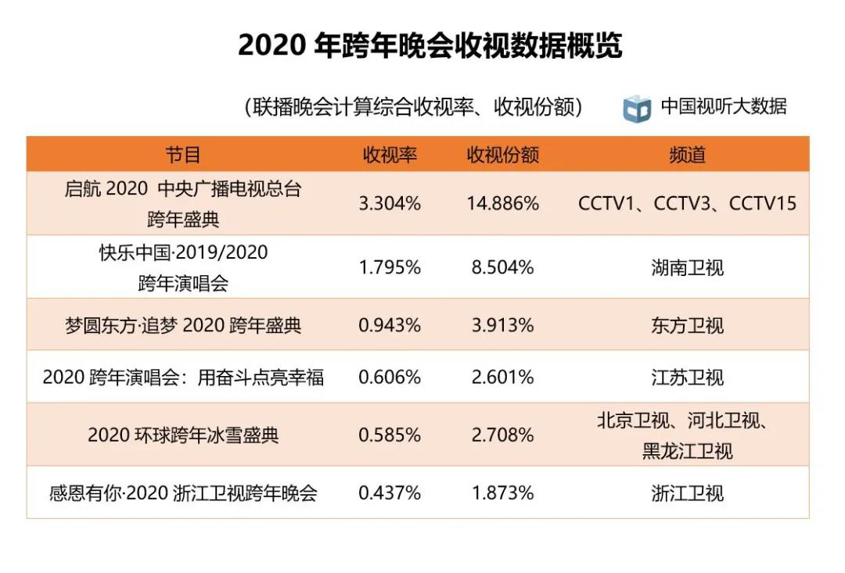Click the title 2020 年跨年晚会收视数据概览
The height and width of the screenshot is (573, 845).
pyautogui.click(x=430, y=46)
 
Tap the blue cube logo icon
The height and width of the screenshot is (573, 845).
pyautogui.click(x=637, y=108)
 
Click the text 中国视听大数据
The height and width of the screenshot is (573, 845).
pyautogui.click(x=723, y=106)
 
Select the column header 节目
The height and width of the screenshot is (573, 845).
pyautogui.click(x=183, y=155)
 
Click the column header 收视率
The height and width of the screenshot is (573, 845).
pyautogui.click(x=389, y=155)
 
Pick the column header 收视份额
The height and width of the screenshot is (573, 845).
pyautogui.click(x=502, y=155)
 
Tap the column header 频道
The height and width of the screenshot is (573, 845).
pyautogui.click(x=687, y=155)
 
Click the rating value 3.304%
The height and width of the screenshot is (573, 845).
pyautogui.click(x=389, y=204)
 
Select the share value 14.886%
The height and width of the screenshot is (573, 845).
pyautogui.click(x=502, y=204)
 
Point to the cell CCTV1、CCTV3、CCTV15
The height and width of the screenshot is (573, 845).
pyautogui.click(x=687, y=204)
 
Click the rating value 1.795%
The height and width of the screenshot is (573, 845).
pyautogui.click(x=389, y=267)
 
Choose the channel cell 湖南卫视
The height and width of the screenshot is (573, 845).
pyautogui.click(x=687, y=267)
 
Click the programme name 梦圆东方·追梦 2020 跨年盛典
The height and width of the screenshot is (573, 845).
pyautogui.click(x=183, y=325)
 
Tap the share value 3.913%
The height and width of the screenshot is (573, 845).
pyautogui.click(x=502, y=325)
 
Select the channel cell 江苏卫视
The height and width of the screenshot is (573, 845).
pyautogui.click(x=687, y=378)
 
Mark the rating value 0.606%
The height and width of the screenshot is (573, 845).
pyautogui.click(x=389, y=378)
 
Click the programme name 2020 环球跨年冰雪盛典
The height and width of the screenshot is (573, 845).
pyautogui.click(x=183, y=435)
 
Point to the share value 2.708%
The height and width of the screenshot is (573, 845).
pyautogui.click(x=502, y=435)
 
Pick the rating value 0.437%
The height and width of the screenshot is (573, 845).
pyautogui.click(x=389, y=493)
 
